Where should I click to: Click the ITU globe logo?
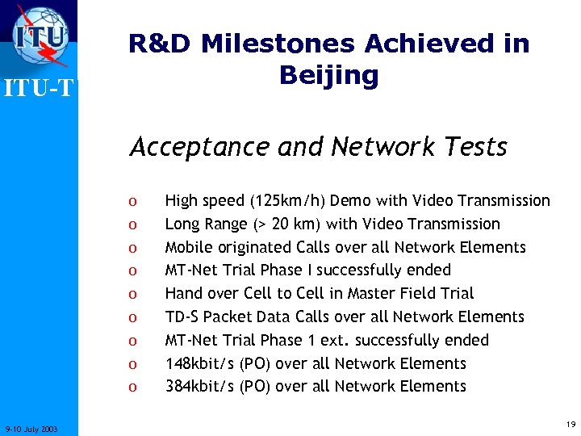tap(40, 36)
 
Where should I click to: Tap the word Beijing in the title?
tap(328, 75)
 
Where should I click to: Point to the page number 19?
tap(571, 424)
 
